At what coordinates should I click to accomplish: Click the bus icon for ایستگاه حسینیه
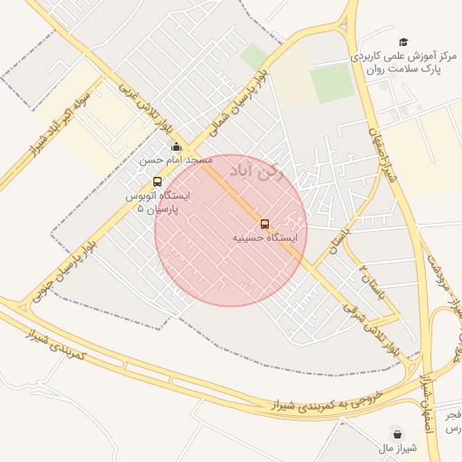(x=264, y=223)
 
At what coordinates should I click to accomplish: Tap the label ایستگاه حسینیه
(x=261, y=238)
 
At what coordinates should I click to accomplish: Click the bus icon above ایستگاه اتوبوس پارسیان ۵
(x=157, y=181)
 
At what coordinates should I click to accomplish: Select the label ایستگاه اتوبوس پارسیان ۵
(x=158, y=201)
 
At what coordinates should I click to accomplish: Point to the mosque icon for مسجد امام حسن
(x=176, y=147)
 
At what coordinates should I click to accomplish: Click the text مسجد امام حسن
(x=175, y=160)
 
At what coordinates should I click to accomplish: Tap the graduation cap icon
(x=403, y=42)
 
